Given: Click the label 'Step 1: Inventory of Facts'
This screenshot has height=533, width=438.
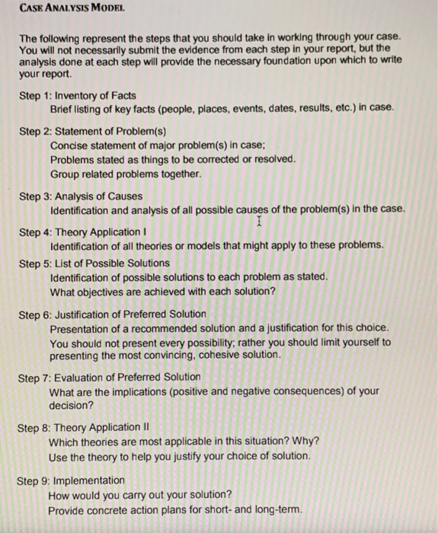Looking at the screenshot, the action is click(78, 95).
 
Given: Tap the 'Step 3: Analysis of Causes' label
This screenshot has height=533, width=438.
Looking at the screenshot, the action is click(81, 196).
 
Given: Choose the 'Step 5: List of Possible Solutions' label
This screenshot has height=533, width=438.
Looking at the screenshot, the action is click(94, 263).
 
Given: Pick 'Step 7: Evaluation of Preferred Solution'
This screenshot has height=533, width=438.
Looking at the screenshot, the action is click(110, 376).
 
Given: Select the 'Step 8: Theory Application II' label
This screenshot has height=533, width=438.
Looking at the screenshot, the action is click(86, 428).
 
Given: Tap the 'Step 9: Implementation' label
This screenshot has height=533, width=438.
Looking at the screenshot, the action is click(72, 480).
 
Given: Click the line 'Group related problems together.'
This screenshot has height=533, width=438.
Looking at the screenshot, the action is click(126, 173).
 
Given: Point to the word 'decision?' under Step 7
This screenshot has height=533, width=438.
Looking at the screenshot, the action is click(72, 405).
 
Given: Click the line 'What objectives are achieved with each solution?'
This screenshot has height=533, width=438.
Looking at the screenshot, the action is click(163, 291).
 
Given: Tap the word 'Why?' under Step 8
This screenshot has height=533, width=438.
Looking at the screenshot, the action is click(306, 442).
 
